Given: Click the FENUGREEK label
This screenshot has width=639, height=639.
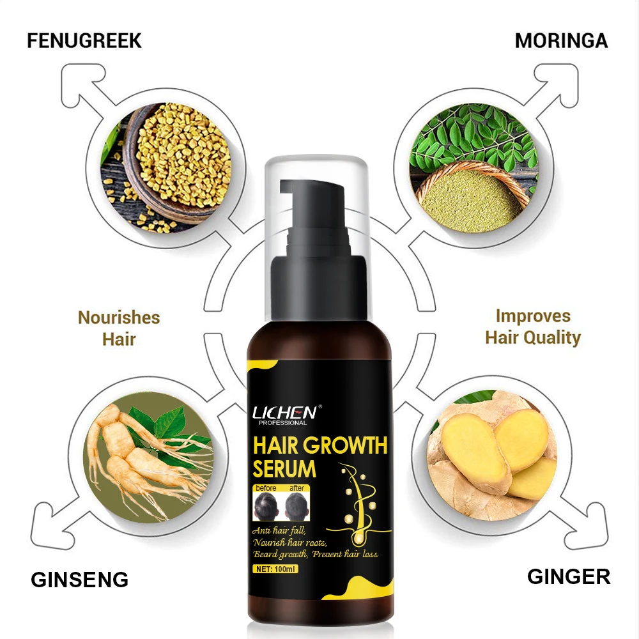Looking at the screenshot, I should (84, 41).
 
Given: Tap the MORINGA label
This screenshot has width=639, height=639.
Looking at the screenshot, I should (561, 41).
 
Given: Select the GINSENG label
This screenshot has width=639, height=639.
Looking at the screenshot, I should (80, 580).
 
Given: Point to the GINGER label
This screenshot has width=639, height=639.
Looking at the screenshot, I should (568, 576).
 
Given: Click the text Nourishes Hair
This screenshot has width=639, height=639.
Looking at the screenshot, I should (119, 328).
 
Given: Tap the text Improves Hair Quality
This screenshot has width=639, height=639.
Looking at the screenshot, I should (533, 327).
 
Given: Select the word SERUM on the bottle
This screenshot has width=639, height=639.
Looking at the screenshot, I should (284, 469).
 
